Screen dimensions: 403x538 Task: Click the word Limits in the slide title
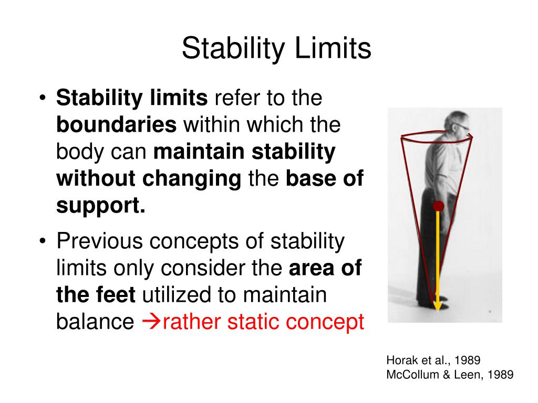click(x=333, y=49)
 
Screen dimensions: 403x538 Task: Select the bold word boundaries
click(x=116, y=125)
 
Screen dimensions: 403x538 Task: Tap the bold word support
click(x=100, y=206)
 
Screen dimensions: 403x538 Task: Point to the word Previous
click(x=100, y=241)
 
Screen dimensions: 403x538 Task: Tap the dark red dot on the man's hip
click(x=438, y=206)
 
